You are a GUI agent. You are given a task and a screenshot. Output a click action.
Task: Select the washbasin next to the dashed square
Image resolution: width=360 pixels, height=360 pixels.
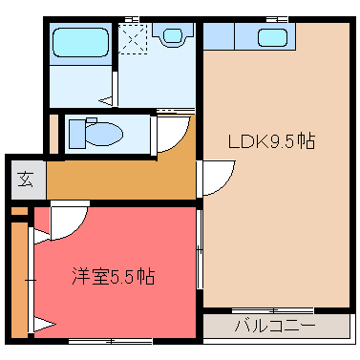tap(173, 36)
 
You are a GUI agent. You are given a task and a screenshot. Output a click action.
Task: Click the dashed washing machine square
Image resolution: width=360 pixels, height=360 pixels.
tap(136, 36)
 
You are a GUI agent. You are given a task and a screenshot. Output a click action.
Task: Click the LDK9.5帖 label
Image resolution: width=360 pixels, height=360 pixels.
tap(271, 141)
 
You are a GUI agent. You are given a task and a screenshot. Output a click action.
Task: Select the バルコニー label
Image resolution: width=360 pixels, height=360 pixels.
tap(275, 326)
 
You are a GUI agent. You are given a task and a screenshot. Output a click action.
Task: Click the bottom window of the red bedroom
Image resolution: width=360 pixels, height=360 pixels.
tap(111, 341)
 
